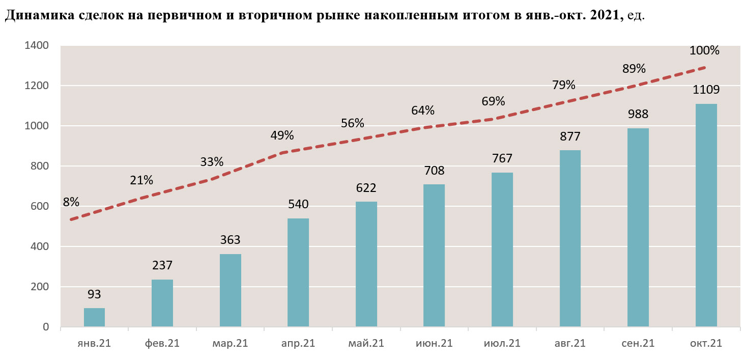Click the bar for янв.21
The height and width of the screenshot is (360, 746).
(94, 317)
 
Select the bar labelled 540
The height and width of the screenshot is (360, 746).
(298, 272)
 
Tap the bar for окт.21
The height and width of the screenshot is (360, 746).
(706, 215)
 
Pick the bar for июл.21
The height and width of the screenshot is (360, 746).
(502, 250)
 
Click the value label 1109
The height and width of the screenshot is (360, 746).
(706, 90)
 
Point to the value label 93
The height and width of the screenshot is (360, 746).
(94, 294)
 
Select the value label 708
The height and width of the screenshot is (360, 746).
(434, 171)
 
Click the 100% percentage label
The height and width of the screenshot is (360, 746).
(704, 50)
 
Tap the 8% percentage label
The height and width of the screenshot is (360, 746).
(71, 202)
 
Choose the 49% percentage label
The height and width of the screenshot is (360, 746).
(281, 135)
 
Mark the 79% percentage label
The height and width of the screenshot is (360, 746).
(563, 84)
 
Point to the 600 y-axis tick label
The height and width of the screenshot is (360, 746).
(39, 206)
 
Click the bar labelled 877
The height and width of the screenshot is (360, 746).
(570, 238)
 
